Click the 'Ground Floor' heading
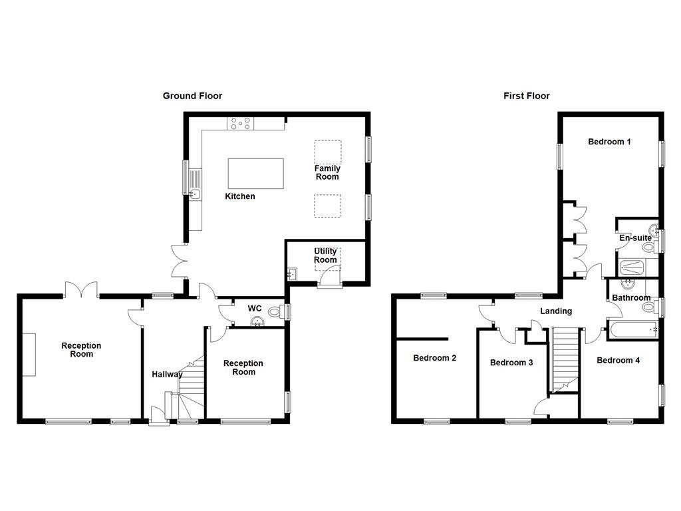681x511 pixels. (192, 96)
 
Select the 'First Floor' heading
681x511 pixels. (526, 96)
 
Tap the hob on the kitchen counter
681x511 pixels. (239, 123)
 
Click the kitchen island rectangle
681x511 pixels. (255, 174)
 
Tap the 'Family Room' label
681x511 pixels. (327, 172)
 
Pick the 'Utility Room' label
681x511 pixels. (325, 255)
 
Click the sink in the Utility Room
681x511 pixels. (293, 273)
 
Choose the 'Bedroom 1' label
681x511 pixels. (609, 142)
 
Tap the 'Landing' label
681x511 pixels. (555, 311)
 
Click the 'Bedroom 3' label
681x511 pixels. (511, 363)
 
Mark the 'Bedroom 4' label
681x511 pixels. (618, 360)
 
